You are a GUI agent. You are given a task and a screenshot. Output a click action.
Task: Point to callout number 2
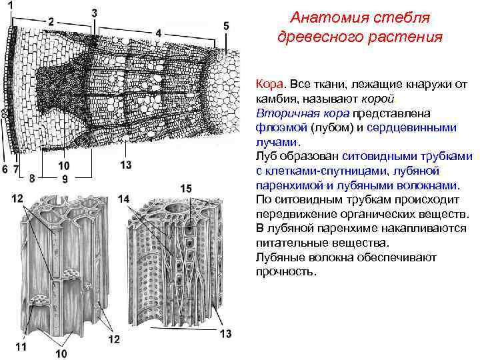53,21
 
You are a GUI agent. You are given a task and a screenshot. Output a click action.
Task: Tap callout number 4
158,31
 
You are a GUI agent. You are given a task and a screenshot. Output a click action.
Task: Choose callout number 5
227,25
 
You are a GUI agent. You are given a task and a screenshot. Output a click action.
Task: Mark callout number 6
5,169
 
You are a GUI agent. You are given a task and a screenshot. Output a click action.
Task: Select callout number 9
65,178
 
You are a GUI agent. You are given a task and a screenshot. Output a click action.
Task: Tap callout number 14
124,198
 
